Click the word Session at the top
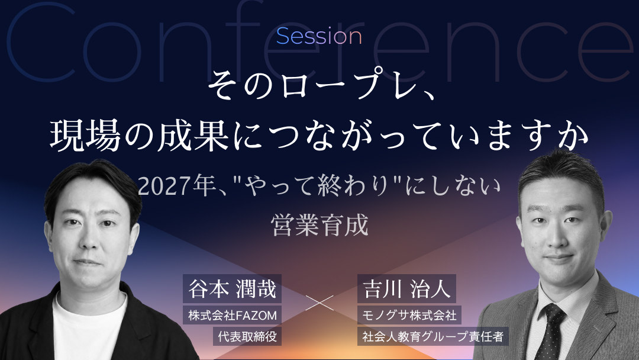point(319,36)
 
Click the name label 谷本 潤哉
point(233,289)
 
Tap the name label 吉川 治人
point(406,289)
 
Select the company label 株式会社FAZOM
point(233,315)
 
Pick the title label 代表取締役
point(247,336)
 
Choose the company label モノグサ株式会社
point(409,315)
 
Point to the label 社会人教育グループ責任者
point(433,336)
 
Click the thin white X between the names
point(319,303)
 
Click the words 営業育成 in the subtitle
point(319,225)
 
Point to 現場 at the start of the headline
point(85,136)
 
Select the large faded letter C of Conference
point(41,42)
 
